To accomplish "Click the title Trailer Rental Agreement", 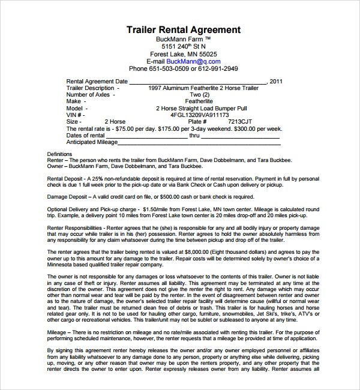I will [x=184, y=29].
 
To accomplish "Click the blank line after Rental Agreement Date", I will [x=198, y=82].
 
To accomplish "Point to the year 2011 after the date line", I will [x=277, y=81].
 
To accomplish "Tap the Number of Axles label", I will [x=88, y=94].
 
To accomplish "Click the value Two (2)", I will [x=199, y=94].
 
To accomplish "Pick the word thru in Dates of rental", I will [x=194, y=136].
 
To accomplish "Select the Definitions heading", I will [x=59, y=155].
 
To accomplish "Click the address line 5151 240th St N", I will [x=184, y=46].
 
